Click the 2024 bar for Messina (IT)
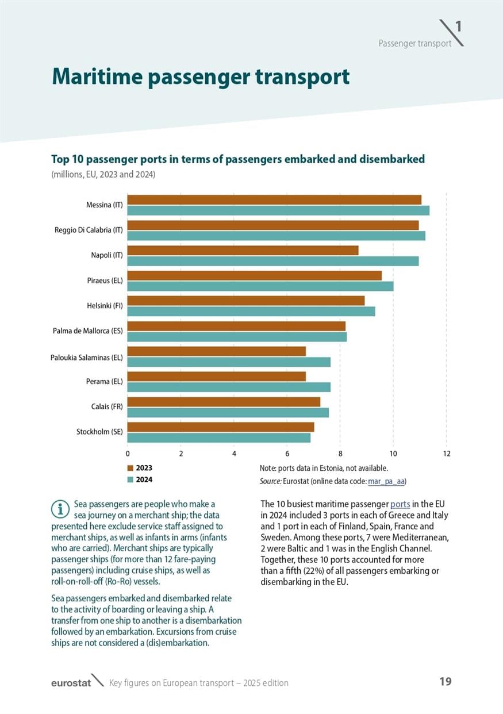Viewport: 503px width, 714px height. click(278, 210)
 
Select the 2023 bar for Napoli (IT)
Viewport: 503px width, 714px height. click(243, 251)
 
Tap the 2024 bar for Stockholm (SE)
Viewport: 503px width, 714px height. click(218, 438)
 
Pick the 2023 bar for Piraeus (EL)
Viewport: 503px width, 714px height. click(254, 275)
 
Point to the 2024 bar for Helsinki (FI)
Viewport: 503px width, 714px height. click(251, 312)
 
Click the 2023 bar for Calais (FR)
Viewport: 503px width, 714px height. click(224, 402)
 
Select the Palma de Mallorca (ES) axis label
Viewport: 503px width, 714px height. click(87, 331)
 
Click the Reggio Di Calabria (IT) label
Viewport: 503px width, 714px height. click(93, 230)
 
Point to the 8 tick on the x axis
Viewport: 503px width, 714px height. click(340, 454)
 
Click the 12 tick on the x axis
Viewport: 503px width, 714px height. click(447, 454)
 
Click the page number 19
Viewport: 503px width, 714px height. click(445, 682)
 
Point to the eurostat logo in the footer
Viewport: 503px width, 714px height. click(71, 683)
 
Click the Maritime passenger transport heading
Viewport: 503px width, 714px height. click(201, 76)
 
